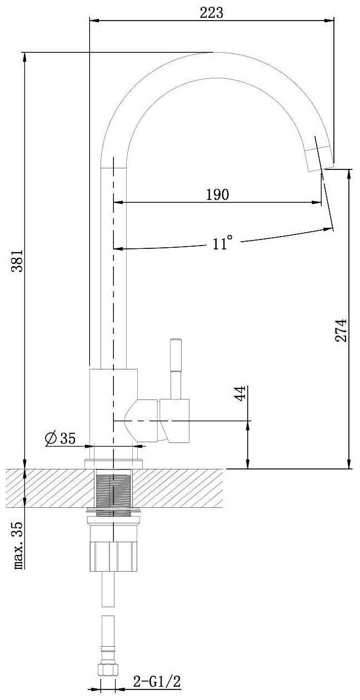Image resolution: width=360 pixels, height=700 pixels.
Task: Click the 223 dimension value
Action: coord(212,13)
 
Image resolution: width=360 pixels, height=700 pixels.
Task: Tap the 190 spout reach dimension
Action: coord(217,195)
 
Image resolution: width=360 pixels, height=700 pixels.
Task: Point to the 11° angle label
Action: coord(222,243)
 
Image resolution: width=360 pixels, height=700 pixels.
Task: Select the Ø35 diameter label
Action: coord(59,439)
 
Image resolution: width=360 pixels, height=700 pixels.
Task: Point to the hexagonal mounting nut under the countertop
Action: coord(113,556)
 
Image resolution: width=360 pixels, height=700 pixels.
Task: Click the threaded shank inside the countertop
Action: coord(113,487)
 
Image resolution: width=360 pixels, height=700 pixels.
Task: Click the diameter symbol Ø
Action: coord(49,439)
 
